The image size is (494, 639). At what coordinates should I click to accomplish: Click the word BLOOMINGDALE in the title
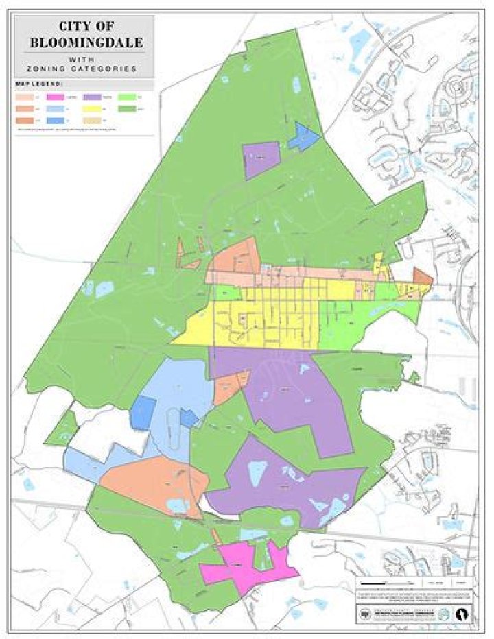(x=86, y=42)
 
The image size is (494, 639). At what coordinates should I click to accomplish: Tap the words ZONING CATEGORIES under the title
(x=86, y=69)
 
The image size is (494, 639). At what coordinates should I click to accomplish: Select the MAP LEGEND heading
(x=40, y=84)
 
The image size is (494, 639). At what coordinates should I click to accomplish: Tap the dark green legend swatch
(x=128, y=108)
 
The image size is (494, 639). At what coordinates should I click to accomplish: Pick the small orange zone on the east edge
(x=422, y=277)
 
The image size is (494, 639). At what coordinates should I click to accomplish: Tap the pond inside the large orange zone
(x=177, y=506)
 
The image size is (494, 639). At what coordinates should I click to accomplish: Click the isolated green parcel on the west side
(x=62, y=429)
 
